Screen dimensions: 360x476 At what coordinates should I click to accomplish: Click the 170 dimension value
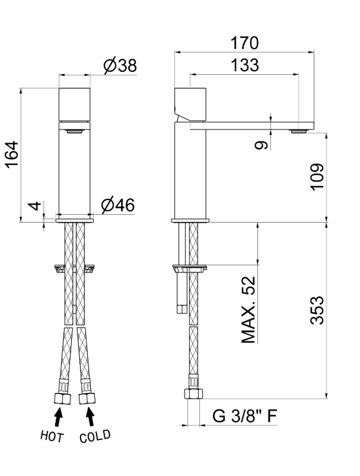pyautogui.click(x=244, y=43)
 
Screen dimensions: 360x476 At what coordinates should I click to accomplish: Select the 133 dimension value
pyautogui.click(x=245, y=65)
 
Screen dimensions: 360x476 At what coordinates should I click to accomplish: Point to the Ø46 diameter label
pyautogui.click(x=118, y=205)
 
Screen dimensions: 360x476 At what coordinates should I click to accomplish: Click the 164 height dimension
pyautogui.click(x=12, y=154)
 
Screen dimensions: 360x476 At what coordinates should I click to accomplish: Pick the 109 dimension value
pyautogui.click(x=317, y=177)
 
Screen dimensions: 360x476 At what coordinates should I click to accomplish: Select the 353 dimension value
pyautogui.click(x=317, y=310)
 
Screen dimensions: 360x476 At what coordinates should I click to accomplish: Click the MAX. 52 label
pyautogui.click(x=249, y=310)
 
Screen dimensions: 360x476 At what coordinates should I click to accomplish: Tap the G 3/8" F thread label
pyautogui.click(x=244, y=416)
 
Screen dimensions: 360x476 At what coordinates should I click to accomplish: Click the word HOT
pyautogui.click(x=52, y=436)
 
